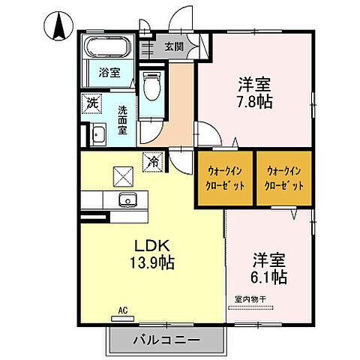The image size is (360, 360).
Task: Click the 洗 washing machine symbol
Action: pos(91,103)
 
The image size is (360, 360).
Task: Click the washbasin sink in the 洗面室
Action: pos(97,136)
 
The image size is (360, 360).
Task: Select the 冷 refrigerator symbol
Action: pos(152,160)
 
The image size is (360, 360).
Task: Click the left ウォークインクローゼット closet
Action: pos(224,178)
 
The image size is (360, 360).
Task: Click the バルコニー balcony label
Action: pos(166,340)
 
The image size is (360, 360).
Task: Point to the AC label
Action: pos(122,307)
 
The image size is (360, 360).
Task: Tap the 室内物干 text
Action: pos(250,300)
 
